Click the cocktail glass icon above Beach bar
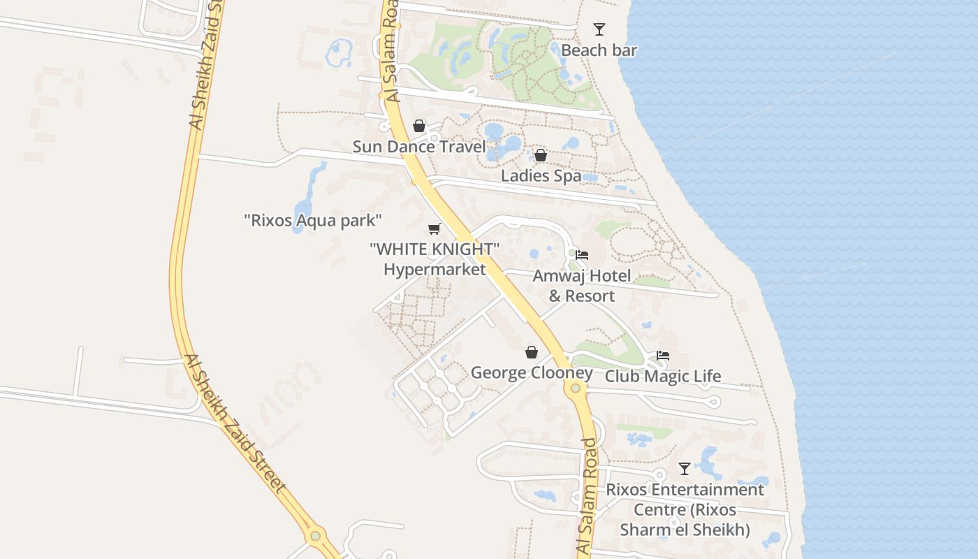pyautogui.click(x=599, y=29)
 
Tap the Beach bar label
pyautogui.click(x=599, y=50)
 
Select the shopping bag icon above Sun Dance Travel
pyautogui.click(x=419, y=126)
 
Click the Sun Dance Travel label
pyautogui.click(x=418, y=147)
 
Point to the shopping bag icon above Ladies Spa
pyautogui.click(x=540, y=155)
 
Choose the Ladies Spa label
pyautogui.click(x=541, y=175)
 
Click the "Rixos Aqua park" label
pyautogui.click(x=313, y=221)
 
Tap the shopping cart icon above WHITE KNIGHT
pyautogui.click(x=434, y=228)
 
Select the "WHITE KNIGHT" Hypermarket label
pyautogui.click(x=435, y=259)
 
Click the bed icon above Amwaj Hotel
pyautogui.click(x=581, y=255)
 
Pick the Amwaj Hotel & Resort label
pyautogui.click(x=581, y=286)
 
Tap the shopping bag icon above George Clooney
pyautogui.click(x=532, y=352)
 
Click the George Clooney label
pyautogui.click(x=532, y=372)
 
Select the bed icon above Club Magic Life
pyautogui.click(x=662, y=356)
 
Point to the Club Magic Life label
pyautogui.click(x=662, y=377)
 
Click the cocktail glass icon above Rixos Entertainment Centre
pyautogui.click(x=685, y=469)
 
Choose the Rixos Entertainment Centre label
pyautogui.click(x=685, y=509)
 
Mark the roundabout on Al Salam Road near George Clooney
pyautogui.click(x=575, y=388)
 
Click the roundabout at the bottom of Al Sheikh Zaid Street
pyautogui.click(x=315, y=536)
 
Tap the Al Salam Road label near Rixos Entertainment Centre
pyautogui.click(x=589, y=497)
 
